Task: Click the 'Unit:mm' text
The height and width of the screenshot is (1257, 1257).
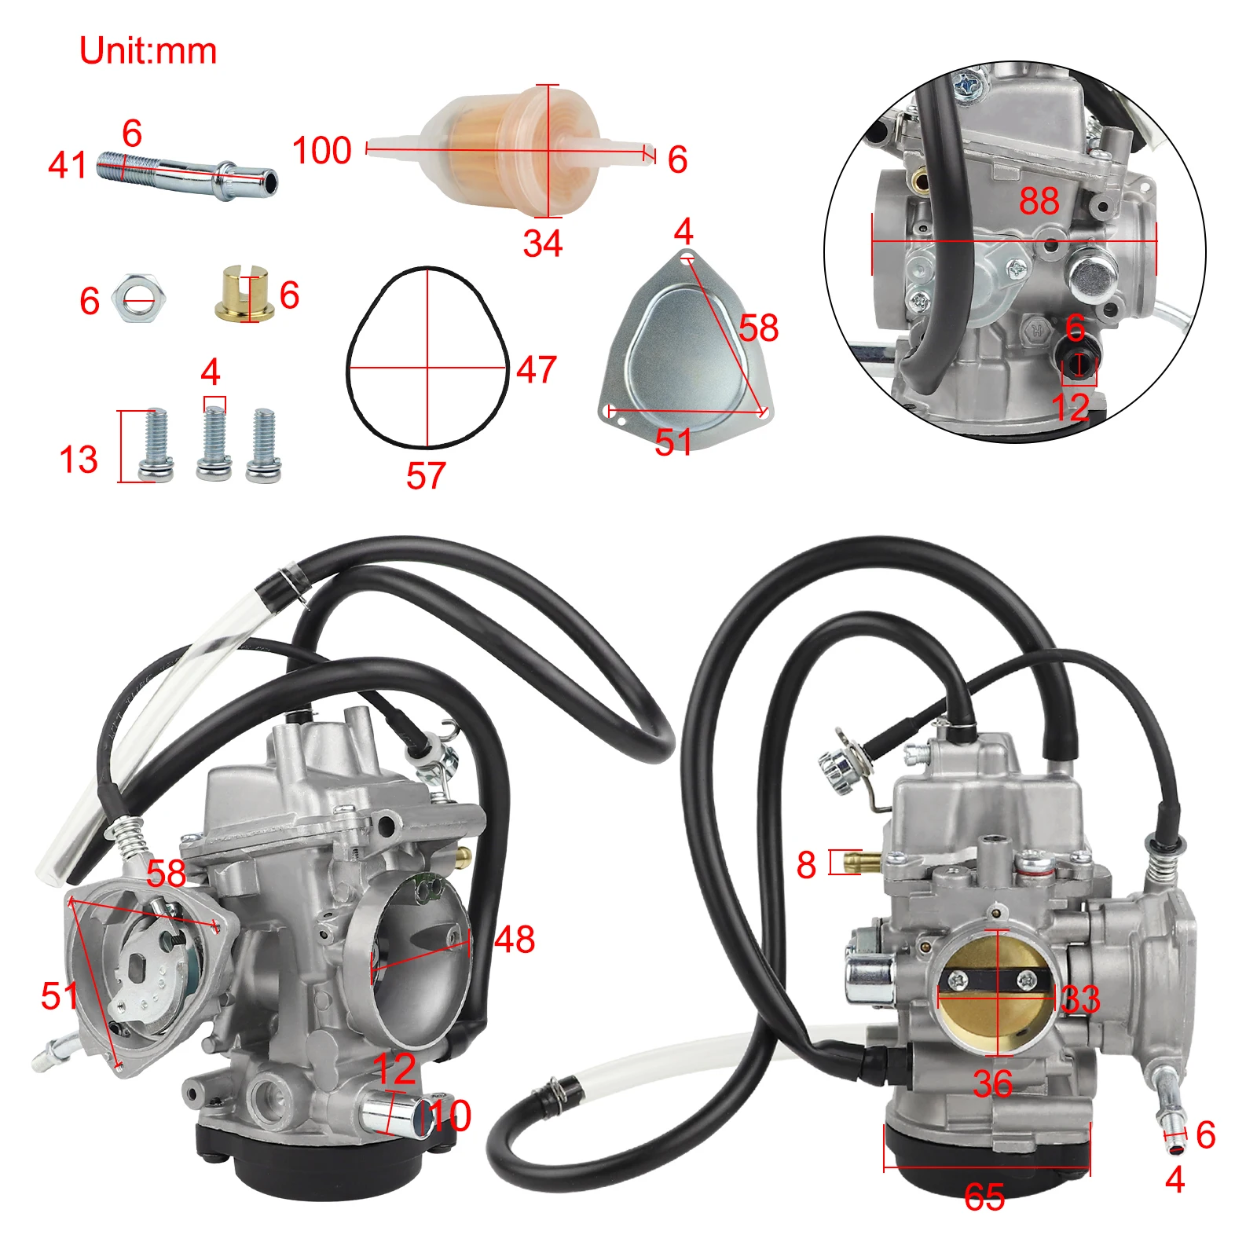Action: (x=148, y=51)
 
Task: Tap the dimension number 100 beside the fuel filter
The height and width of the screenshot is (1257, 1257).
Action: (x=321, y=150)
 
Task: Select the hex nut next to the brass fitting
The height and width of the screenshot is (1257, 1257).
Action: (x=138, y=299)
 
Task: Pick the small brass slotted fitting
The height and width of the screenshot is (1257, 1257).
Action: (x=244, y=294)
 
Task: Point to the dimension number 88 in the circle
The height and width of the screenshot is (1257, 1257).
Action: (x=1039, y=201)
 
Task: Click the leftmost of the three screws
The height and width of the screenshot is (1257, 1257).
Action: (x=156, y=445)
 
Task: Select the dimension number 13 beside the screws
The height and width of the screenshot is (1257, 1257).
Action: (x=79, y=460)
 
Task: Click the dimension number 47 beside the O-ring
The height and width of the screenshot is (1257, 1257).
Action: (x=537, y=369)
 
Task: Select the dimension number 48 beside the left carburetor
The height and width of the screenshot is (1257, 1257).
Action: (x=515, y=939)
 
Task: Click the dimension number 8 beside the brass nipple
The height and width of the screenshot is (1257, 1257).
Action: (x=806, y=865)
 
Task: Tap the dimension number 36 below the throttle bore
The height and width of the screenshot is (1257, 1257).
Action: (x=992, y=1084)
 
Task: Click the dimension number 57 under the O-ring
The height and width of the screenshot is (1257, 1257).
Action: (x=426, y=475)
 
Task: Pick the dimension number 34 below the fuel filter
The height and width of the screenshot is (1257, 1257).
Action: (x=543, y=244)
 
